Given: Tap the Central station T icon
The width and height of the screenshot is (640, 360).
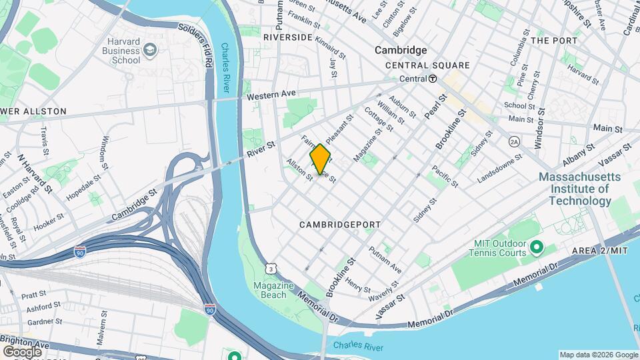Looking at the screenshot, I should [x=433, y=79].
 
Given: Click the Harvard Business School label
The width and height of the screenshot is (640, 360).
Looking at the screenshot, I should [x=117, y=51].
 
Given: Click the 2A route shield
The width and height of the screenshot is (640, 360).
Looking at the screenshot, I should [x=514, y=141].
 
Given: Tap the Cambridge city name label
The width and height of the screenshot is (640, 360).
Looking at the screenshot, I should [x=401, y=50].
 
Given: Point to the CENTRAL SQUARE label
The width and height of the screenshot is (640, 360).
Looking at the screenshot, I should [x=427, y=65].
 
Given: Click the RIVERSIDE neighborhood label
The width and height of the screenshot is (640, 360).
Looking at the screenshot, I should [x=287, y=37].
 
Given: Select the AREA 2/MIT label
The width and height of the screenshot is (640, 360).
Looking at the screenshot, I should [x=600, y=251].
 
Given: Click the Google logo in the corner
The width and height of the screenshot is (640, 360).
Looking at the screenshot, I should [x=21, y=351].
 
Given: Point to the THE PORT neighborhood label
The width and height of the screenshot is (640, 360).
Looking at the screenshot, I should [x=554, y=41].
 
